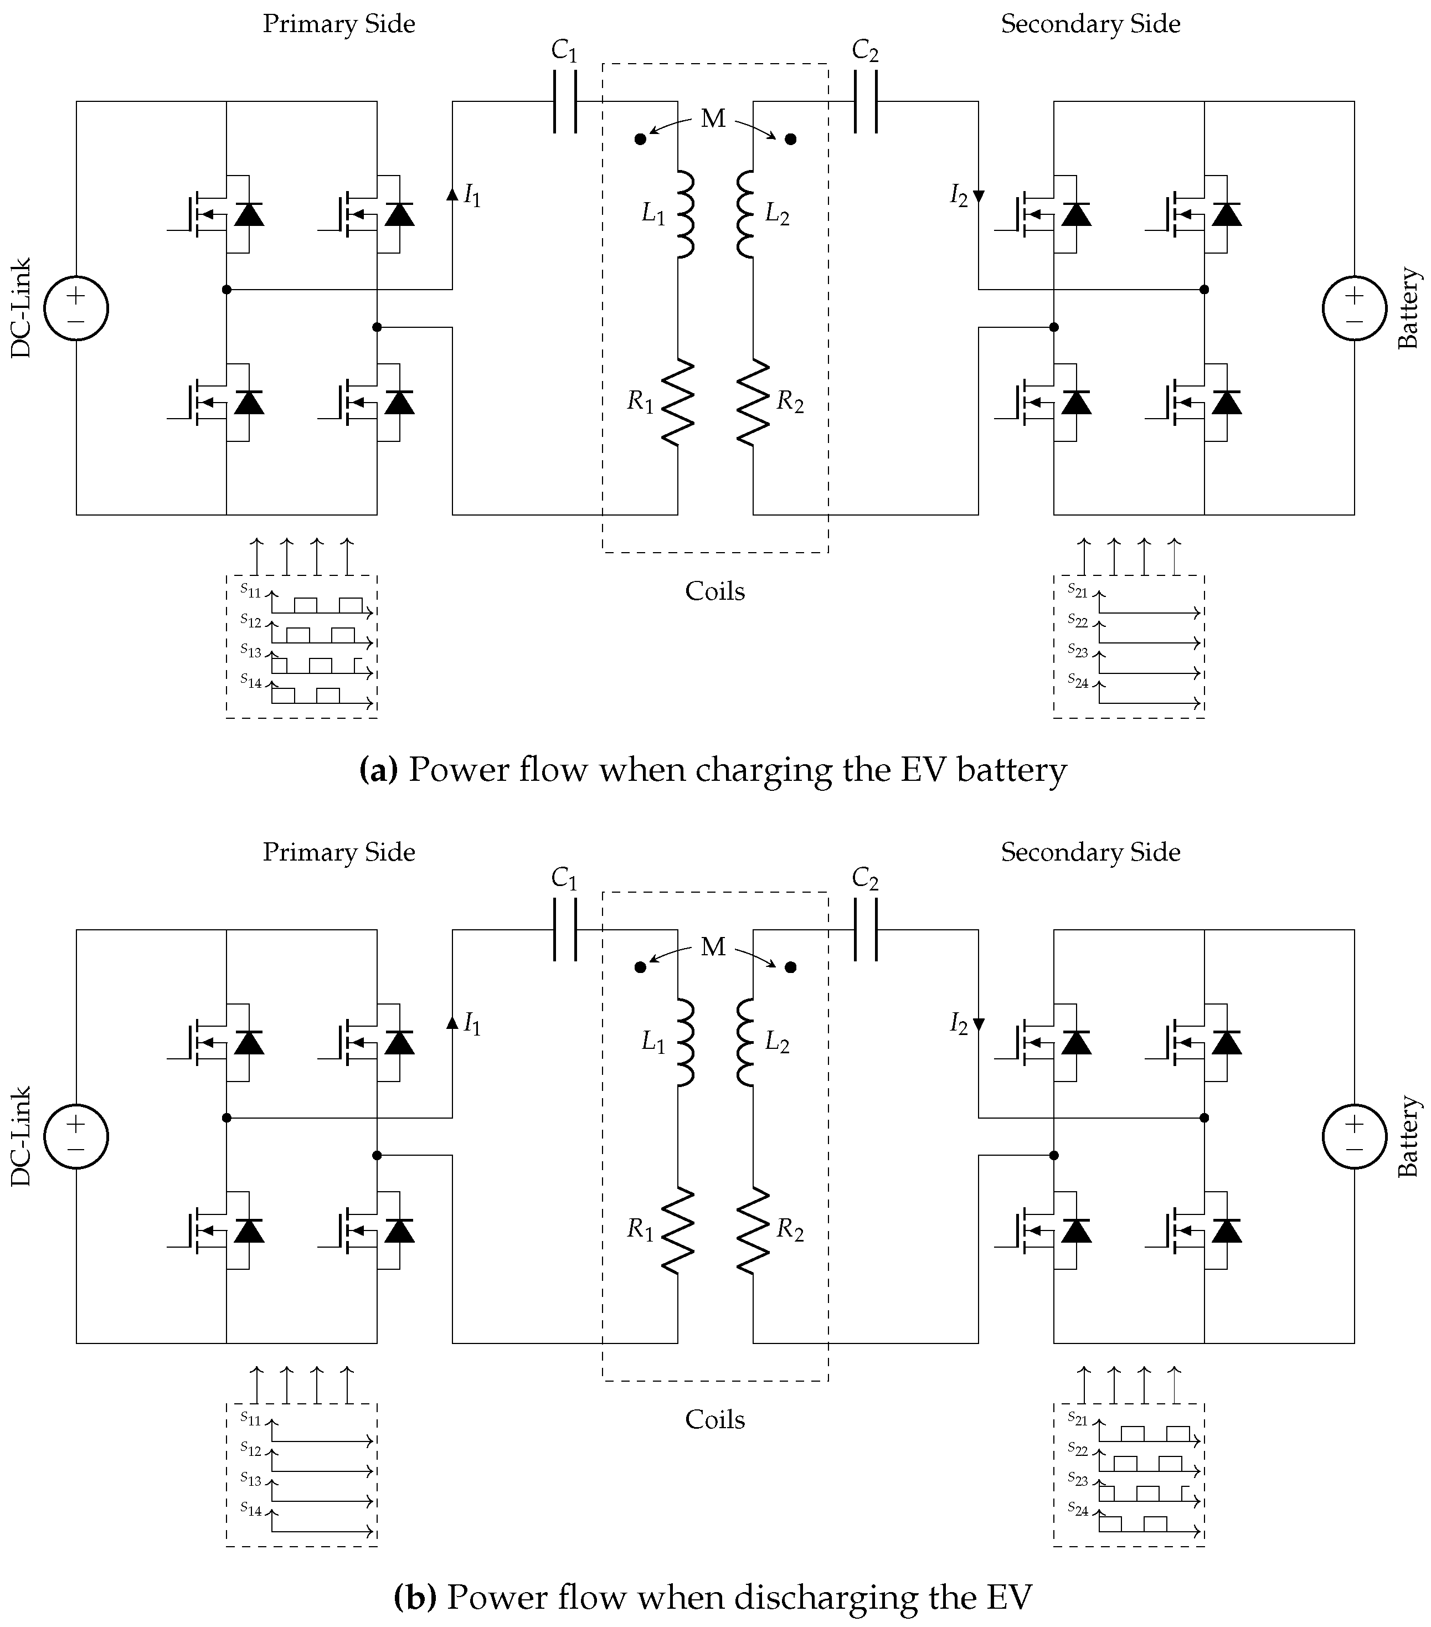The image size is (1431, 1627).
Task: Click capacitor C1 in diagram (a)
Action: pyautogui.click(x=565, y=101)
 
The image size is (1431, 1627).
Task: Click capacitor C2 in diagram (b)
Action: pyautogui.click(x=865, y=930)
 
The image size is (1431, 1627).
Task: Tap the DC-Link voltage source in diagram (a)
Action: pyautogui.click(x=76, y=308)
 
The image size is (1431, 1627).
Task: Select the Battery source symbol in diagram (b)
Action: pyautogui.click(x=1354, y=1136)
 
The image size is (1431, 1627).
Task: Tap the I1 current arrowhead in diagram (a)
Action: pyautogui.click(x=452, y=193)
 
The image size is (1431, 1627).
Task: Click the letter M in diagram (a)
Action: pyautogui.click(x=713, y=119)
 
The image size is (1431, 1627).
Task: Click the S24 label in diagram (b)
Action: pyautogui.click(x=1078, y=1508)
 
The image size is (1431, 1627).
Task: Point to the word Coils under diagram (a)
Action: pyautogui.click(x=715, y=591)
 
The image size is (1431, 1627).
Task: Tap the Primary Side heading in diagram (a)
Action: pyautogui.click(x=338, y=24)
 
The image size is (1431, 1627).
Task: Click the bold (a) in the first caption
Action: pyautogui.click(x=378, y=770)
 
